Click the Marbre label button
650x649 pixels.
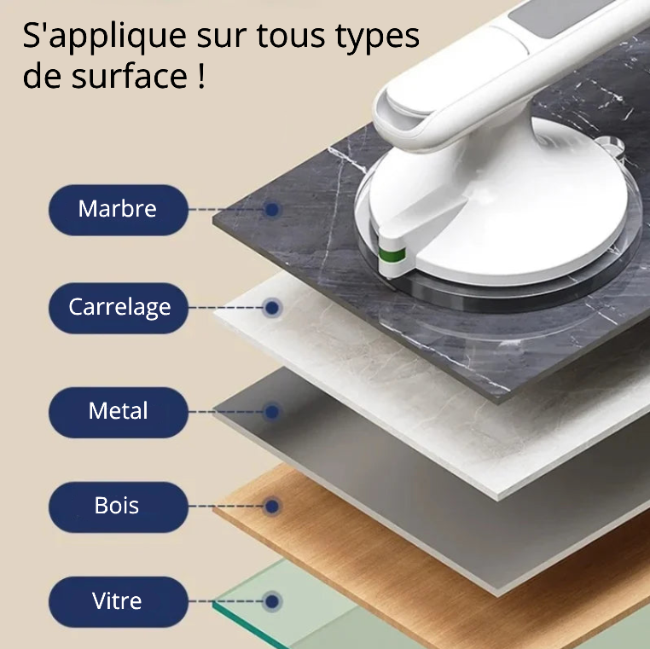[x=118, y=209]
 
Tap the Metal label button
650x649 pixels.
[x=118, y=412]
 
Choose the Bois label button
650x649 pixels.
[x=118, y=507]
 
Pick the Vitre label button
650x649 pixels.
[x=118, y=601]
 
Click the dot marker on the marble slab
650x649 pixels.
[x=271, y=209]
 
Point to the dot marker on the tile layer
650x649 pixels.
[x=271, y=307]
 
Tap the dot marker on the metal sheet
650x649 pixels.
[x=271, y=412]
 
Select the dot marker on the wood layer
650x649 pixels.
[x=271, y=507]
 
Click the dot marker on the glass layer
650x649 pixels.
[x=271, y=601]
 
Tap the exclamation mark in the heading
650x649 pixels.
[x=200, y=77]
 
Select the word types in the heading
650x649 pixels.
[x=379, y=38]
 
